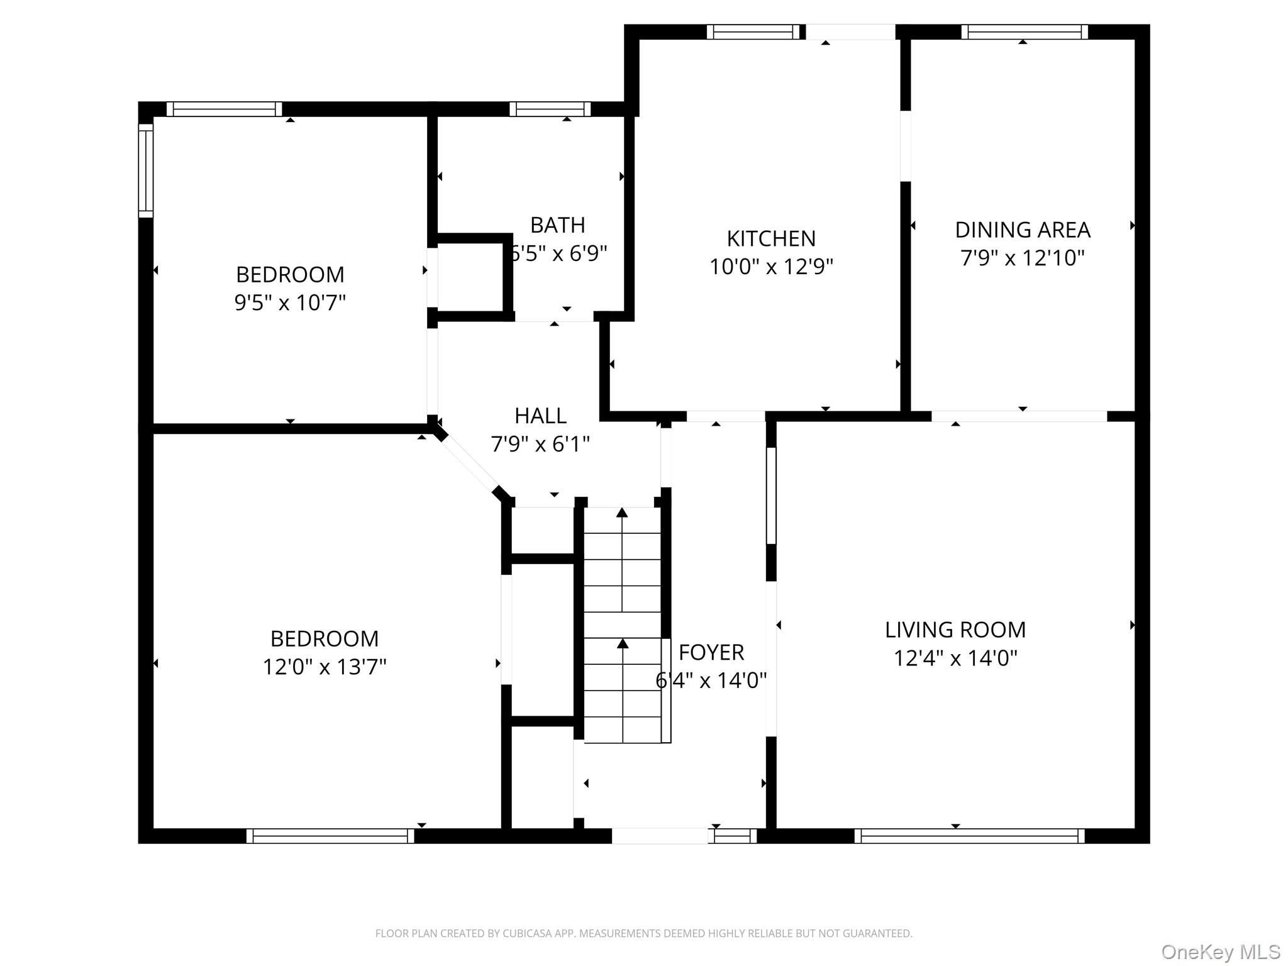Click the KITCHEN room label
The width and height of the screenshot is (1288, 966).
[771, 239]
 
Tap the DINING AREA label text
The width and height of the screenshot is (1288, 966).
[1022, 230]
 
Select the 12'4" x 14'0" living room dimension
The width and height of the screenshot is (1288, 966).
[955, 658]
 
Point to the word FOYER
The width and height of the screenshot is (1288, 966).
[711, 653]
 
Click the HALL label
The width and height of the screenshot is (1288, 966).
[540, 416]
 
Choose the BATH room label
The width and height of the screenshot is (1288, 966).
[557, 225]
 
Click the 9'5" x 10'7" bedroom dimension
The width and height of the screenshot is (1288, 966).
[290, 303]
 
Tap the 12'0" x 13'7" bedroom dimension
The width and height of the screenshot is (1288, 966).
[325, 667]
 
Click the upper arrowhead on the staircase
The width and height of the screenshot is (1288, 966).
[622, 513]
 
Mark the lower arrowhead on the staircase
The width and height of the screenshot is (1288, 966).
[623, 643]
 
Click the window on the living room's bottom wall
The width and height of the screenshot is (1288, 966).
[969, 836]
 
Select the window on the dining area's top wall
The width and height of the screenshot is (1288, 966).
[1024, 32]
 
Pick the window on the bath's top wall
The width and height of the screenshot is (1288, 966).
[550, 109]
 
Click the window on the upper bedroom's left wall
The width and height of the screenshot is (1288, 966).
[145, 170]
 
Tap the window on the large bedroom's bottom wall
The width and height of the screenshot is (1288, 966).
[330, 836]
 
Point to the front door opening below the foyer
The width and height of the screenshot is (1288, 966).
[660, 836]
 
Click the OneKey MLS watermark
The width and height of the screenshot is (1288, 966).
[1220, 952]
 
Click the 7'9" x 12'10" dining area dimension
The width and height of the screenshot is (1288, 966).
[1022, 258]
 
